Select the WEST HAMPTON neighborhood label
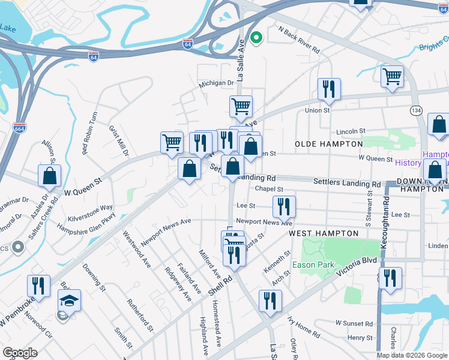coord(323,233)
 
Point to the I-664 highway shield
coord(19,127)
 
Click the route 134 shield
coord(415,111)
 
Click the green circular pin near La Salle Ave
coord(256,39)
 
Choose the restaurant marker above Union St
coord(329,89)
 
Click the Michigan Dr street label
coord(217,84)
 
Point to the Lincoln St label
coord(351,131)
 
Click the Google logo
coord(20,353)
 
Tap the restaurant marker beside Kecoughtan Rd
coord(391,279)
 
